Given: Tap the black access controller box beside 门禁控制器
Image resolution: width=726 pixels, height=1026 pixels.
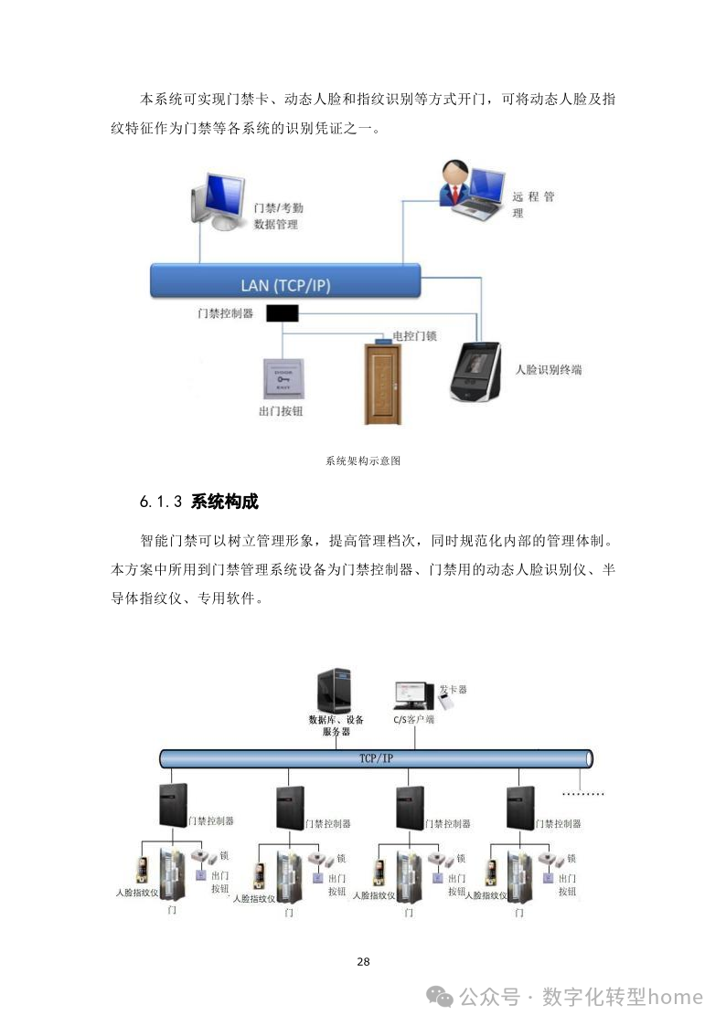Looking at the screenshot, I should (x=283, y=313).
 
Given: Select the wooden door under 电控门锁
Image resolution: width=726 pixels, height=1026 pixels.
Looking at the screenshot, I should (x=382, y=383).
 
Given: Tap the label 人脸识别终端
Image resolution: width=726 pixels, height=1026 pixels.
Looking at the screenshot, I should (x=549, y=370).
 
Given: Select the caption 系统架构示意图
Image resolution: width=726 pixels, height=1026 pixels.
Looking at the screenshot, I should (x=363, y=460).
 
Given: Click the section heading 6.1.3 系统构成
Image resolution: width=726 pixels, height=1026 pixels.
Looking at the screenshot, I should (x=198, y=502).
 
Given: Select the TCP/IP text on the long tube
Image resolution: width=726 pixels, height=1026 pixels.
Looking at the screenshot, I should (x=376, y=758).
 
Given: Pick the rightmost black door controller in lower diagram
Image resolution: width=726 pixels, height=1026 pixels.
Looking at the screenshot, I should (x=520, y=808).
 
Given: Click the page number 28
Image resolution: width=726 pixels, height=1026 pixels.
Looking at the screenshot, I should (x=363, y=961).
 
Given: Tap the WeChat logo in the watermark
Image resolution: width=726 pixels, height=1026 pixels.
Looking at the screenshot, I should (x=443, y=997).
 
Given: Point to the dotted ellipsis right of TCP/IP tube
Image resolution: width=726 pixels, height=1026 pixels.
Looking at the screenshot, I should (x=582, y=794).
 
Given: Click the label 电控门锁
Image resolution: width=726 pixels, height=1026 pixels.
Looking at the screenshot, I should (x=414, y=336).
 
